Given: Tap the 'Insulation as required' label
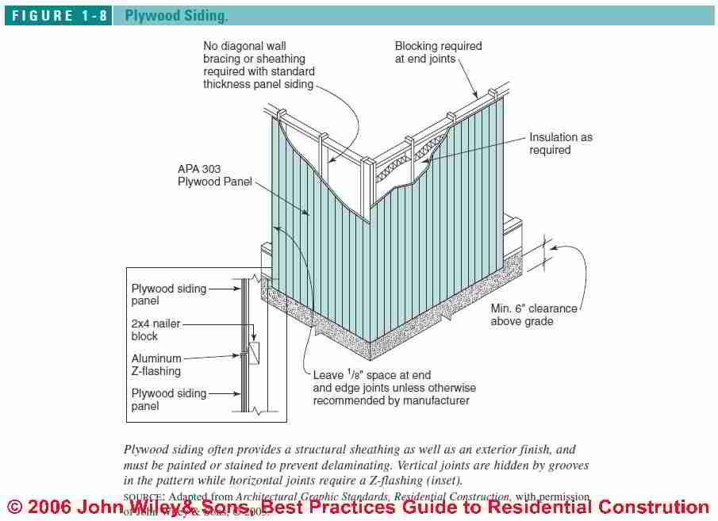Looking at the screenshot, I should click(560, 144).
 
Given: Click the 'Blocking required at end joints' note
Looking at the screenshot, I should click(438, 53).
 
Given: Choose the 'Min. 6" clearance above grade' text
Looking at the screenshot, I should click(533, 315).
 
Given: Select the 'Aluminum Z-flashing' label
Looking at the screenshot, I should click(156, 365).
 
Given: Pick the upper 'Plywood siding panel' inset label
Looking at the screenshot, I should click(168, 295).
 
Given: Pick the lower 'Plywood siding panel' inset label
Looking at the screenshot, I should click(168, 400).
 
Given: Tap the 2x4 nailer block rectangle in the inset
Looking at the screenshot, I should click(254, 351).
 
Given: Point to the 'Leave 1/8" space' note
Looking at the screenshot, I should click(394, 388).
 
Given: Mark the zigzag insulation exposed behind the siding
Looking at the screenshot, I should click(405, 174).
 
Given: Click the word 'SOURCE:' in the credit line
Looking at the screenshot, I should click(144, 496).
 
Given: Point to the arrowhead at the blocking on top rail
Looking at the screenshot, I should click(478, 97).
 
